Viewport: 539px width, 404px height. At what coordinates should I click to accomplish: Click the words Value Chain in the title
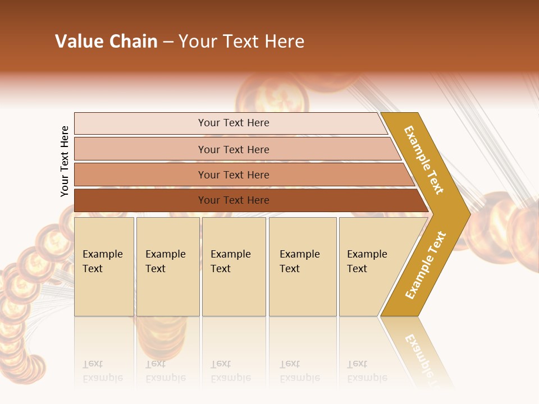[x=106, y=42]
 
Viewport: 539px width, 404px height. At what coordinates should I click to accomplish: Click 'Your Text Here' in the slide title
[x=241, y=42]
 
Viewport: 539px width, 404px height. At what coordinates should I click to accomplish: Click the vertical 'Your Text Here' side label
[x=65, y=161]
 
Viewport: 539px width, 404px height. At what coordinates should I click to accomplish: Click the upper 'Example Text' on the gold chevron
[x=424, y=160]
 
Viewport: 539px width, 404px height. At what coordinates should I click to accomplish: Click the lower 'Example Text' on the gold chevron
[x=426, y=265]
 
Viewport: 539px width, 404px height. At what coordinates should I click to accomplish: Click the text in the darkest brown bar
[x=234, y=200]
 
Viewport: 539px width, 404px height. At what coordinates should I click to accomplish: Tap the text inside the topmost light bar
[x=234, y=123]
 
